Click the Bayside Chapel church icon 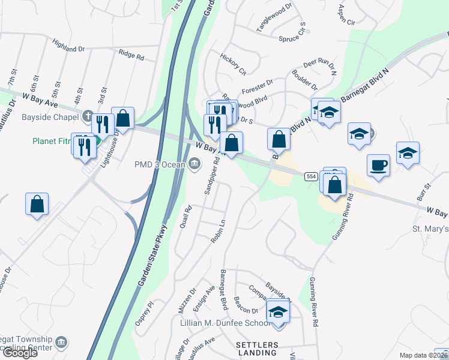88,116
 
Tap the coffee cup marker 379,165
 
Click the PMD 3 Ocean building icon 194,163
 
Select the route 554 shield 310,176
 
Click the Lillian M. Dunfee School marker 278,312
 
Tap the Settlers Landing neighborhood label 257,349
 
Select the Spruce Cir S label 294,35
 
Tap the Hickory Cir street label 233,65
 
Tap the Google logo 20,352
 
